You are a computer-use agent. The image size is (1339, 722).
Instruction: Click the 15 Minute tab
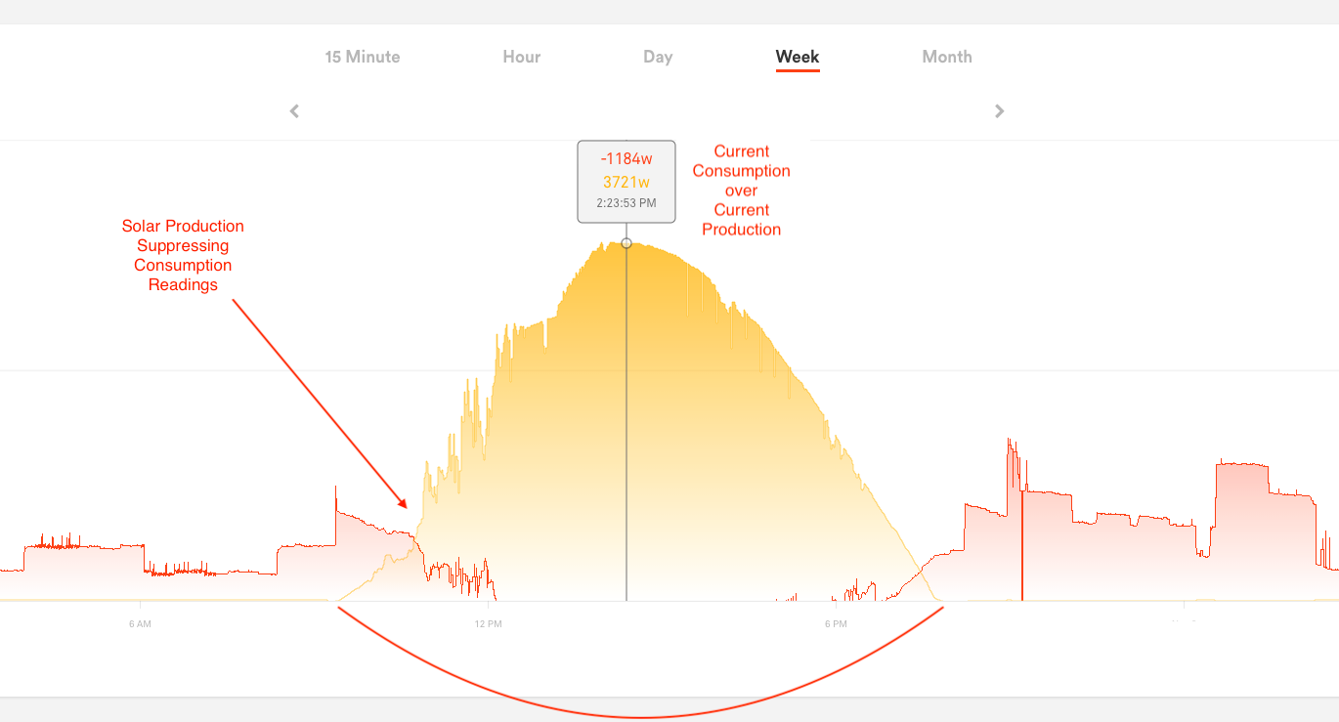coord(363,57)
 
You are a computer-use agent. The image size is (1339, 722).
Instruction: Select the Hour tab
coord(522,57)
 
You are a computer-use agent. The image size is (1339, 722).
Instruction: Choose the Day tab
coord(658,57)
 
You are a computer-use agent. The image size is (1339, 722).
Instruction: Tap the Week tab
coord(798,57)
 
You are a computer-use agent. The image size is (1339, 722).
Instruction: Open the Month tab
coord(947,57)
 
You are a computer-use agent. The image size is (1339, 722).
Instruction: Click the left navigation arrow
coord(294,111)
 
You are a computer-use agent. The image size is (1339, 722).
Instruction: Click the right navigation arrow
coord(999,111)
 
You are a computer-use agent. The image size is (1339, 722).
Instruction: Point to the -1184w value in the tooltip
coord(626,159)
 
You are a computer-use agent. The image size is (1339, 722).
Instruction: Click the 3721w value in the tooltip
coord(626,182)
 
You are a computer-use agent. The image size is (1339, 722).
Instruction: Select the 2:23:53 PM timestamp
coord(626,203)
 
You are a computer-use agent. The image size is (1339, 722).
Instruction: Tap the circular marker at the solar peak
coord(626,242)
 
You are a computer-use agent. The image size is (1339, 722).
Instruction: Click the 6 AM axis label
coord(140,623)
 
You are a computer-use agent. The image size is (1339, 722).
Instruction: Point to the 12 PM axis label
coord(488,623)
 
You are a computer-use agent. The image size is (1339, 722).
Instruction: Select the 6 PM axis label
coord(836,623)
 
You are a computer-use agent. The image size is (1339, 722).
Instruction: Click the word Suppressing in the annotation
coord(183,246)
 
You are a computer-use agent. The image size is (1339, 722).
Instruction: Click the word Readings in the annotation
coord(183,285)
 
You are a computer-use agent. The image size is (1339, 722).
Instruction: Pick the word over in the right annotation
coord(741,191)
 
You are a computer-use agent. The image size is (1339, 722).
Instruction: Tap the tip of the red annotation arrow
coord(407,507)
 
